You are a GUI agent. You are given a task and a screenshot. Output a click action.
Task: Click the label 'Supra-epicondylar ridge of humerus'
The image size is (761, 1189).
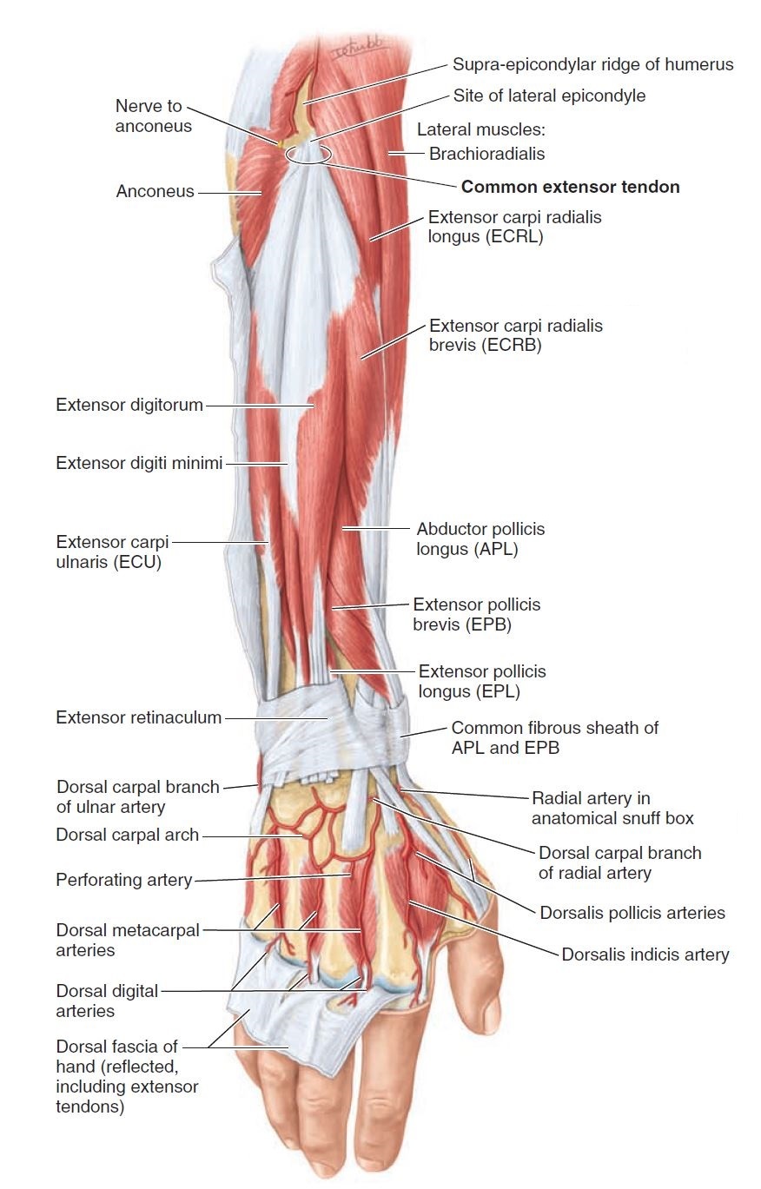[x=592, y=64]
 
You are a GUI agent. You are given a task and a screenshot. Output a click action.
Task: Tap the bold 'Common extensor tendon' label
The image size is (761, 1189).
[x=570, y=187]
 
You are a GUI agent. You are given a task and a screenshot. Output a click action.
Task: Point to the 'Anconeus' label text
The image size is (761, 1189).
[x=155, y=191]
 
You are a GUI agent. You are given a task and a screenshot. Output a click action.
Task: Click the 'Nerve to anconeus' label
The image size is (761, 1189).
[x=149, y=116]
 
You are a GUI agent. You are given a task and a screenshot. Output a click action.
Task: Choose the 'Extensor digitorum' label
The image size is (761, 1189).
[x=129, y=405]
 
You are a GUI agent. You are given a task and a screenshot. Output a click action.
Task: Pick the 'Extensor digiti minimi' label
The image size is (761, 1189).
[x=140, y=463]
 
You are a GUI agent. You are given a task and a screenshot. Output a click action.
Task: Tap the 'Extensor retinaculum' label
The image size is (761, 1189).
[x=139, y=717]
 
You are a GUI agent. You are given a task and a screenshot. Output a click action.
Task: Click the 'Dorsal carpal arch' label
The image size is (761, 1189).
[x=127, y=835]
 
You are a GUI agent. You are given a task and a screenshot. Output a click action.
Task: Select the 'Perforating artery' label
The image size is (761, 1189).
[x=123, y=880]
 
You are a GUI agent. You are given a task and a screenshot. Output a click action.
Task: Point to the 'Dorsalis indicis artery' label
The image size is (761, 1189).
[x=645, y=955]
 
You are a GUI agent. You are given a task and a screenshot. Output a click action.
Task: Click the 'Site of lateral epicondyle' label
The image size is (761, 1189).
[x=549, y=96]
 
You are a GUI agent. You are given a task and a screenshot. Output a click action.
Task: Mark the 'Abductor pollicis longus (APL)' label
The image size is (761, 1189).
[x=480, y=538]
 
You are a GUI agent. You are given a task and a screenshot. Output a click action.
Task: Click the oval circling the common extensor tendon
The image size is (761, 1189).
[x=308, y=155]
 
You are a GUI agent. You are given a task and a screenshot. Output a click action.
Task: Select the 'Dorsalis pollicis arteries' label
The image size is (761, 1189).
[x=632, y=913]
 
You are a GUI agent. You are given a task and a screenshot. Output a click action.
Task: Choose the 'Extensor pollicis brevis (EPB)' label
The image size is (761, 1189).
[x=476, y=614]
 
